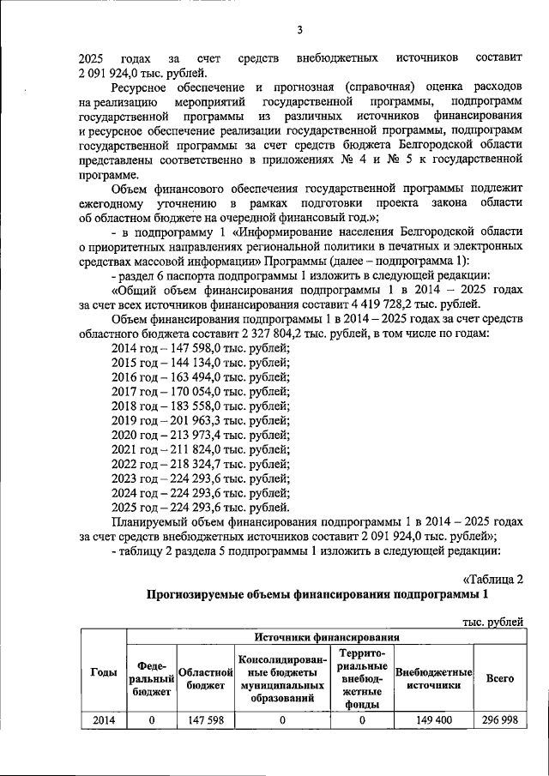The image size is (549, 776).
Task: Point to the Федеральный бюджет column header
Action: [x=151, y=677]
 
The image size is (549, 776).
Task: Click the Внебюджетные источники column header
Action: [x=433, y=677]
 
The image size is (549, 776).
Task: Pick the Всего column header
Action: [x=500, y=677]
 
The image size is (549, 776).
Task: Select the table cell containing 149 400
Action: [x=433, y=721]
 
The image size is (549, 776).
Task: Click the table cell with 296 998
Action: [x=500, y=721]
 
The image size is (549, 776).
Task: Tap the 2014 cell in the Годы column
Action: [x=104, y=721]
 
